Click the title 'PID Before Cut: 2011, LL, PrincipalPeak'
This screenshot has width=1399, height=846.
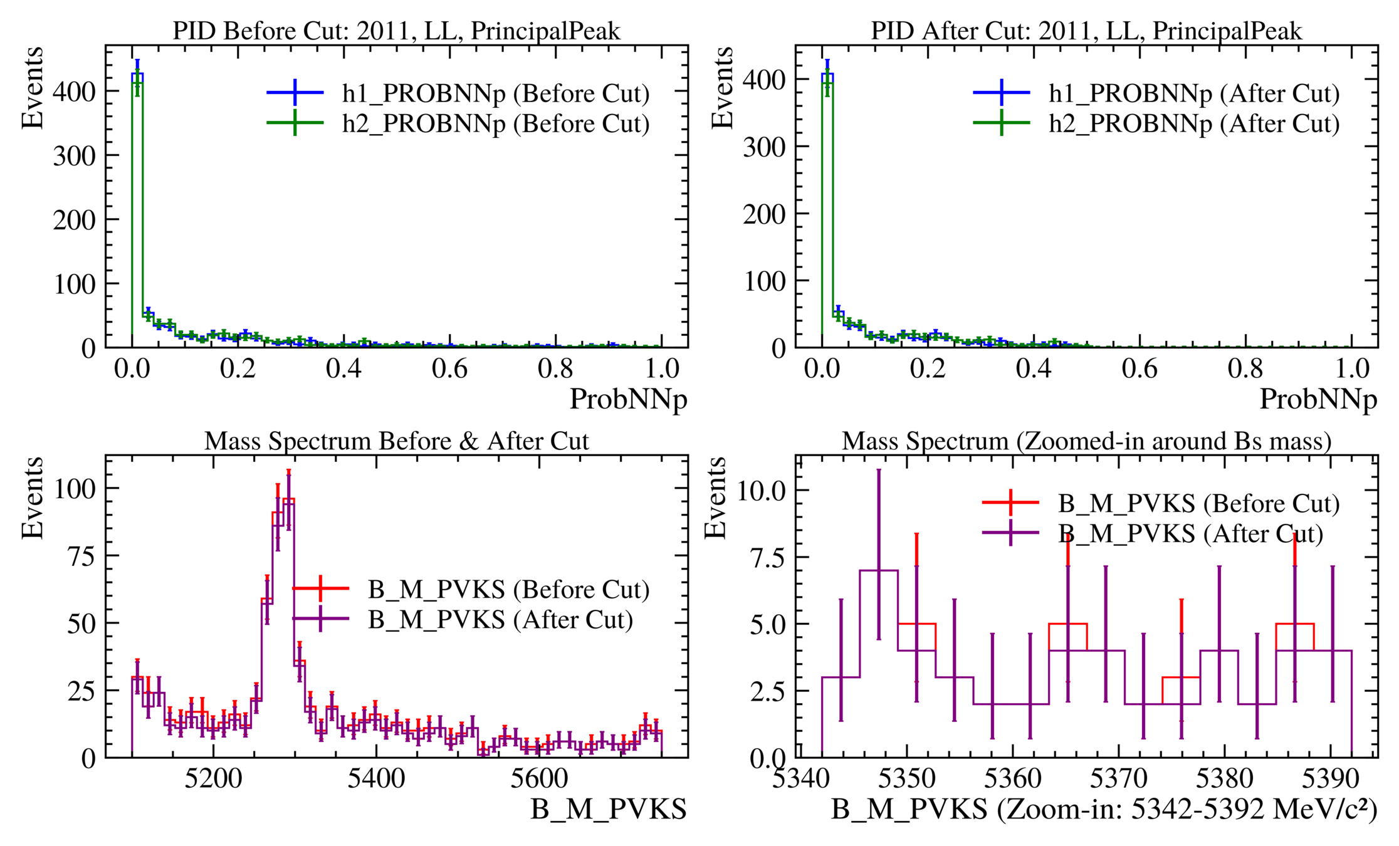[396, 31]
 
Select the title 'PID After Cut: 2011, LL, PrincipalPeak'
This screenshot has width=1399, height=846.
[1086, 31]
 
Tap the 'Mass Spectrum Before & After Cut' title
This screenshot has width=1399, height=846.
[396, 441]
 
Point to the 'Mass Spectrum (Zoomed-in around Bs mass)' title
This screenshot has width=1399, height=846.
[1086, 441]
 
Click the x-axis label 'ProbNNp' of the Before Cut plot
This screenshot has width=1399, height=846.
[628, 399]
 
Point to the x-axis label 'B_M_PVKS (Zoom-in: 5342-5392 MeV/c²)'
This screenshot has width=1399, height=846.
[1104, 809]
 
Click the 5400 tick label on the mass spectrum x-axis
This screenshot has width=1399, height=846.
[376, 779]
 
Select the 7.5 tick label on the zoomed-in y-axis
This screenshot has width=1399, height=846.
[768, 557]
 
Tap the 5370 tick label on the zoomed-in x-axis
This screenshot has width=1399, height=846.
[1118, 779]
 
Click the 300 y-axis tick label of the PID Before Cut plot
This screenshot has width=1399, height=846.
[74, 155]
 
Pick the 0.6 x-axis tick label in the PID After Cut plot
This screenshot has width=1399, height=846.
[1140, 368]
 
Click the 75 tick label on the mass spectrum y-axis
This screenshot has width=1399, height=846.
[81, 556]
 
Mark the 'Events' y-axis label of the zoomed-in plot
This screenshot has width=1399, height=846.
[715, 498]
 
